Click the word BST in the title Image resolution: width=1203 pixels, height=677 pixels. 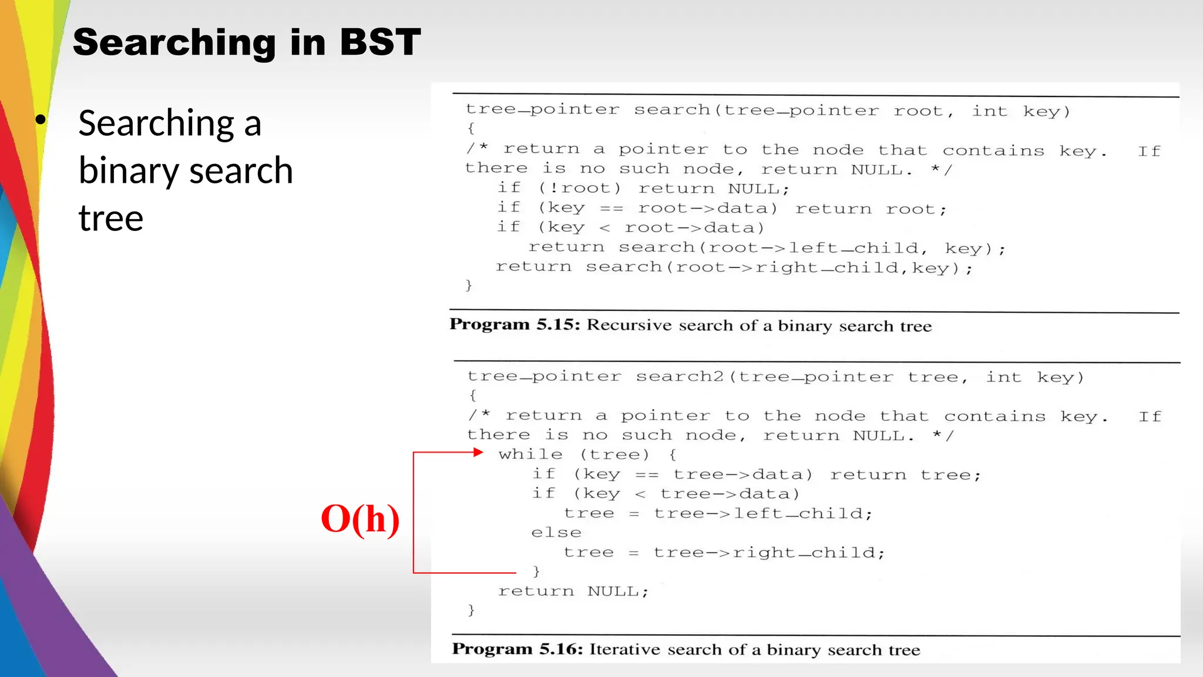380,42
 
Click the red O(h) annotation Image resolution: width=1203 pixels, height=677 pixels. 360,519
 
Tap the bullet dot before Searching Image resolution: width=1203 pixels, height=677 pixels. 40,120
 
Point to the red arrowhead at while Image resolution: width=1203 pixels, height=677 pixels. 478,452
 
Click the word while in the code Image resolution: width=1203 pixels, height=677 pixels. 530,454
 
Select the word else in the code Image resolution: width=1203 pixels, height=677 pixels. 556,532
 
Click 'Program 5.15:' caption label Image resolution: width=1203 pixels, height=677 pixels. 515,324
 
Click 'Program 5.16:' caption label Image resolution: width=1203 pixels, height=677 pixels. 517,649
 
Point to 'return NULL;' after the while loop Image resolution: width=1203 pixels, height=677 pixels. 573,591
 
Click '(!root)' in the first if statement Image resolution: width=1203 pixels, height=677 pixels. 579,188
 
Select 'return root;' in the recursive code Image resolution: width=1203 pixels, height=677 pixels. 871,209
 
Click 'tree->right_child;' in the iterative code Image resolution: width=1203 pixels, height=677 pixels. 769,552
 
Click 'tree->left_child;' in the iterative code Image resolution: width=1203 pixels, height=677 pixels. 763,514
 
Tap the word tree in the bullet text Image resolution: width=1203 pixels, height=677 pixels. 111,219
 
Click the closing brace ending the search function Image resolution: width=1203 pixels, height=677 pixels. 469,286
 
